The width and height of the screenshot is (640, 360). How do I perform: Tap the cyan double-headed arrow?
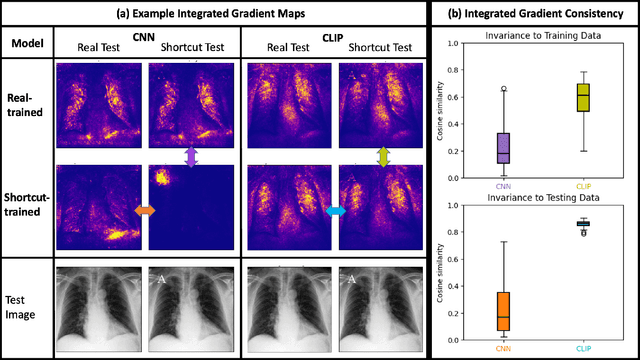coord(335,211)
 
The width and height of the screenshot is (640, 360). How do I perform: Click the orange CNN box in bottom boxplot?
coord(503,310)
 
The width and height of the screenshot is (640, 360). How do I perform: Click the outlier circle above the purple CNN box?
coord(503,89)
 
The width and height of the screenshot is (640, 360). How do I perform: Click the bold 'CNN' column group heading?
coord(143,36)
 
